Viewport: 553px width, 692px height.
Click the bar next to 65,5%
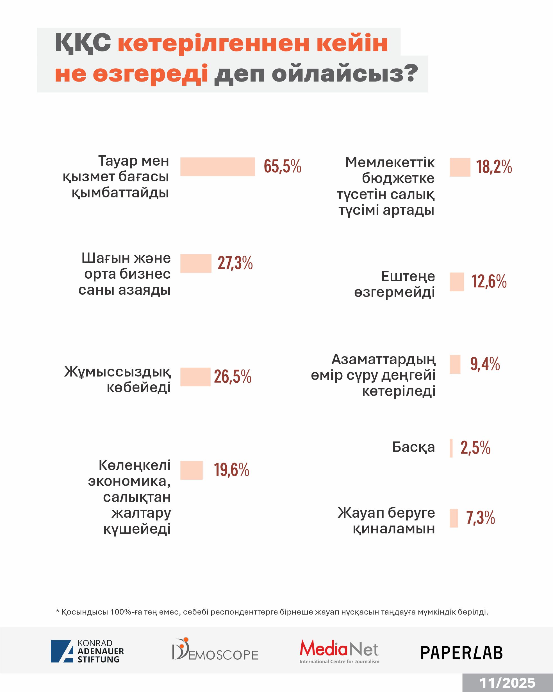point(217,166)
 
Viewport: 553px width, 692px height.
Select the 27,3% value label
point(235,263)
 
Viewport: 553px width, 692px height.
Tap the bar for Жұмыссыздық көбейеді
point(195,377)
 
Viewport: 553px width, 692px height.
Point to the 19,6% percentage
point(231,470)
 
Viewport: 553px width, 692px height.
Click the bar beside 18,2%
point(460,167)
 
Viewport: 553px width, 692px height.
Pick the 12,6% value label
point(489,281)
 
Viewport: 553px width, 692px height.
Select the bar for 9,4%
point(455,364)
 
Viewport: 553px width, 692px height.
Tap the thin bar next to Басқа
point(451,448)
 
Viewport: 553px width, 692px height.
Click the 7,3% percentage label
point(480,518)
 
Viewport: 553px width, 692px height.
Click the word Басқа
point(413,447)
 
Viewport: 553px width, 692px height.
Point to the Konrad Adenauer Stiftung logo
point(87,651)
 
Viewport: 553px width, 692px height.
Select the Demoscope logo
point(215,650)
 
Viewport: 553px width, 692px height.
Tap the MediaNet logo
point(339,651)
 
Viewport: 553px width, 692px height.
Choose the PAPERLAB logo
point(461,653)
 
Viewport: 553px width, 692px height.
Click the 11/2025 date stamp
point(507,683)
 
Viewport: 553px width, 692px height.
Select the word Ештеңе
point(408,276)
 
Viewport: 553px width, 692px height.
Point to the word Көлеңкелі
point(134,465)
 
